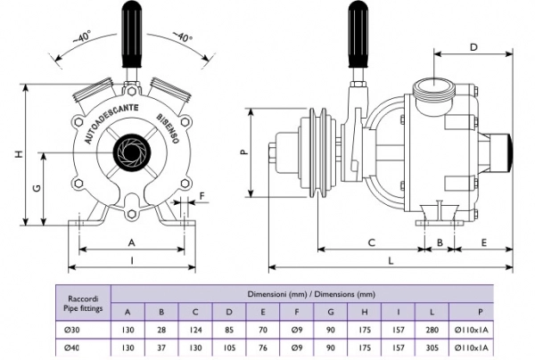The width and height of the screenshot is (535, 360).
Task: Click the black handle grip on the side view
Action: coord(359,35)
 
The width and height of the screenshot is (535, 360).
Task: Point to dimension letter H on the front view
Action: coord(19,154)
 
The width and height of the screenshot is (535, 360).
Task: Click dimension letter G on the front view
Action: coord(36,190)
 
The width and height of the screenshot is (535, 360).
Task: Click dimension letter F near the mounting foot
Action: coord(202,195)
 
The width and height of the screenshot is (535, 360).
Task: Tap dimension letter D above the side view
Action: coord(473,47)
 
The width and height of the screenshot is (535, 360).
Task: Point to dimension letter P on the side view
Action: coord(243,152)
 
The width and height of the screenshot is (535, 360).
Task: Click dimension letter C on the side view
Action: coord(370,241)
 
